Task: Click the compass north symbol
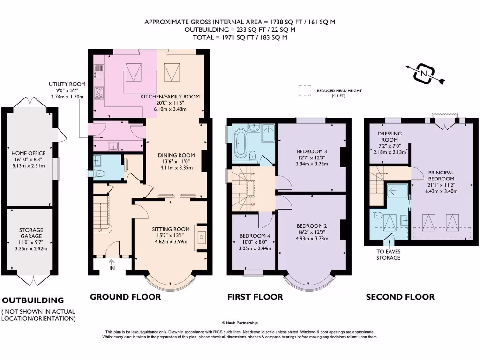tap(424, 74)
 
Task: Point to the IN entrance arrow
tap(112, 262)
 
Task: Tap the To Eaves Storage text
tap(388, 255)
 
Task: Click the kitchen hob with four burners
tap(98, 92)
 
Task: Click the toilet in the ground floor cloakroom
tap(98, 173)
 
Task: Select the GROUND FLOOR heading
tap(125, 297)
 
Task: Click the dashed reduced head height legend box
tap(305, 90)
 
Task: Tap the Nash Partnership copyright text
tap(240, 322)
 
